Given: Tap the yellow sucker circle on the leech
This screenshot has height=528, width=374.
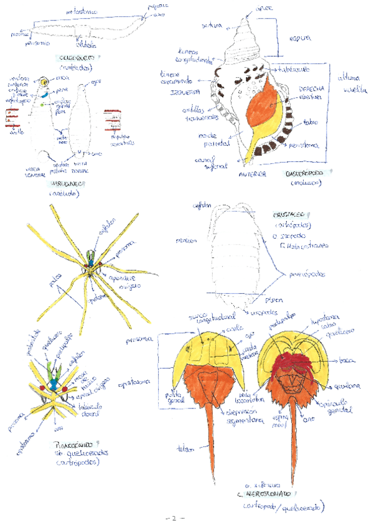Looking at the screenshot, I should [x=42, y=82].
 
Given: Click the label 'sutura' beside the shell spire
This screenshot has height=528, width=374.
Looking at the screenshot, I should [x=211, y=26].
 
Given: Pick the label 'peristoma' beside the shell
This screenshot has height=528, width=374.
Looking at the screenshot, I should [x=304, y=146].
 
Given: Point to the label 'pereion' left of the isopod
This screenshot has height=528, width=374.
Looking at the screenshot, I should [x=184, y=239].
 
